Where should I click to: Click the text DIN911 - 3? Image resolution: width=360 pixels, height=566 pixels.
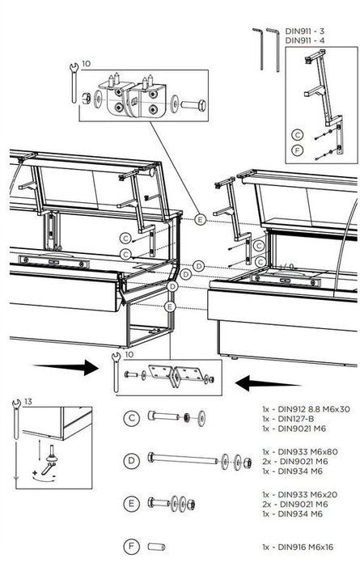click(x=304, y=32)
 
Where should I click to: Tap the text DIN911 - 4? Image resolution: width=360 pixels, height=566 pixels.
click(x=304, y=40)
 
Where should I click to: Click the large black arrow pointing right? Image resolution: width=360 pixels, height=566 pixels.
click(x=66, y=367)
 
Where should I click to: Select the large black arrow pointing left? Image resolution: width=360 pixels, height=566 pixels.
click(x=268, y=383)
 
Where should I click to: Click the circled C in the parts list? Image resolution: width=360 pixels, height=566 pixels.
click(x=131, y=418)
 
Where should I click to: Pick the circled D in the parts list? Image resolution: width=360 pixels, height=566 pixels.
click(x=131, y=461)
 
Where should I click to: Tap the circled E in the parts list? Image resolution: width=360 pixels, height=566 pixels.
click(x=131, y=503)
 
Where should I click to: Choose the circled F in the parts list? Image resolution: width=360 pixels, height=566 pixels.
click(x=131, y=547)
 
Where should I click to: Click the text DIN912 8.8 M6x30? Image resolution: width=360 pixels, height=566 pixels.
click(x=314, y=409)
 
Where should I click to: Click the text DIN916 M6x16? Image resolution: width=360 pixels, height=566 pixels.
click(x=306, y=547)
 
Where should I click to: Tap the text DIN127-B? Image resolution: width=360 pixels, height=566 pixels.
click(x=296, y=419)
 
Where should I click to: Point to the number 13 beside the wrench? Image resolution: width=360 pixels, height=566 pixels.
click(x=28, y=401)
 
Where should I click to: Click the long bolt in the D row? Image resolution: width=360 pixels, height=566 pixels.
click(x=183, y=459)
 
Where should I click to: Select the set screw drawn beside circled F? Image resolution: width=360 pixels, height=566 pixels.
click(x=156, y=547)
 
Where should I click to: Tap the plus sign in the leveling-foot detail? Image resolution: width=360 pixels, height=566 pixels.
click(x=35, y=472)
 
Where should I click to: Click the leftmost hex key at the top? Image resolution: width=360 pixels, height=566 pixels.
click(x=259, y=49)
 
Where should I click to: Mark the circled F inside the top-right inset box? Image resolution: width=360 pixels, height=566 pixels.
click(x=297, y=150)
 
